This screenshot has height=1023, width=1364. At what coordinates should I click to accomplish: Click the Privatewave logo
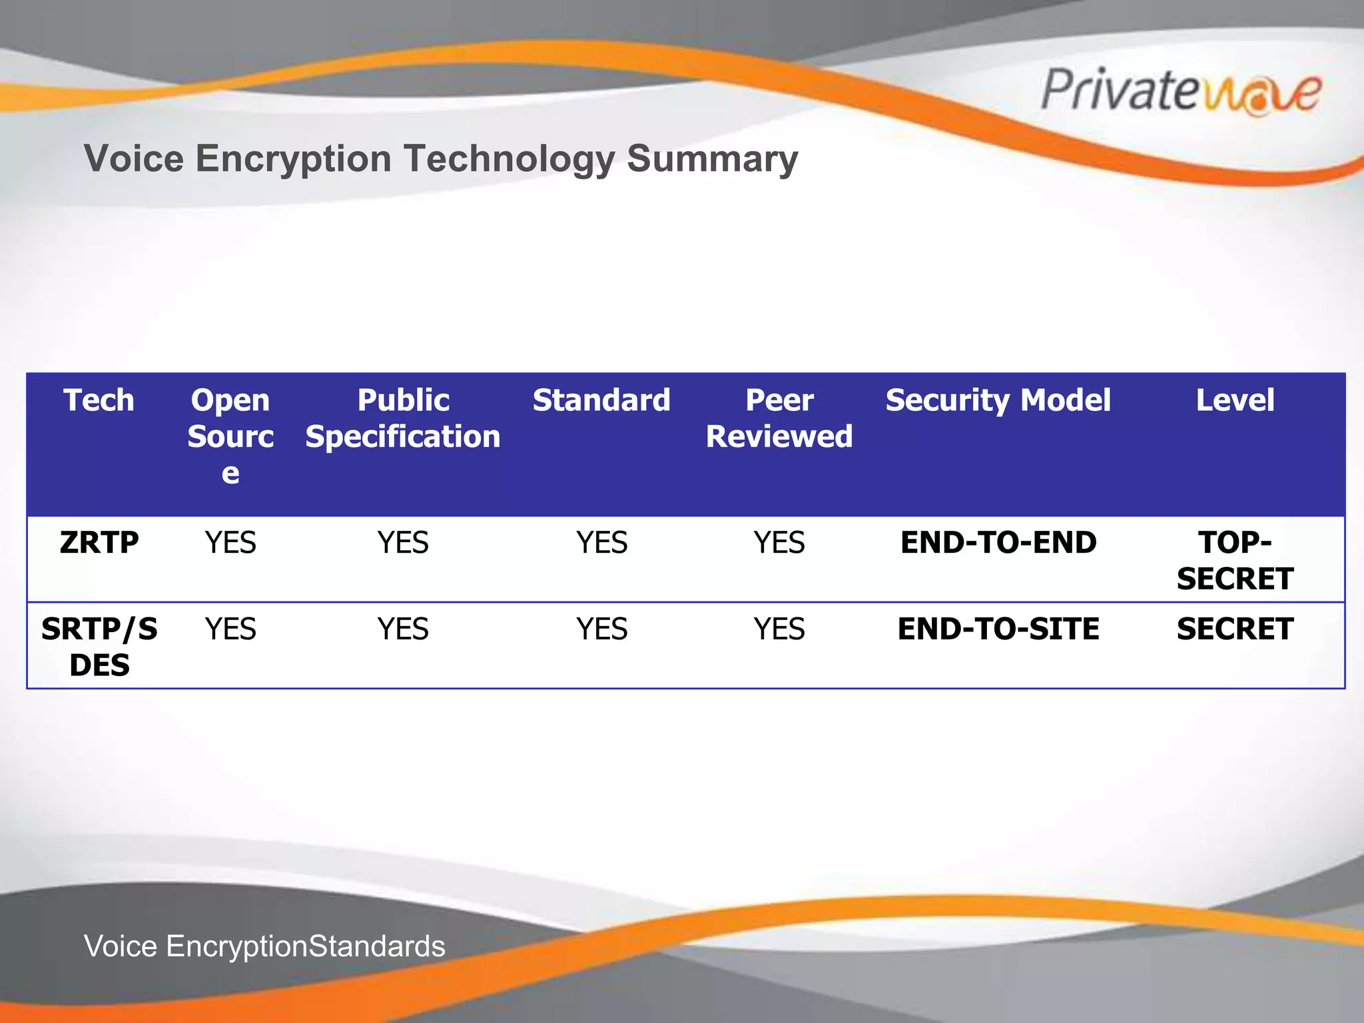pos(1181,91)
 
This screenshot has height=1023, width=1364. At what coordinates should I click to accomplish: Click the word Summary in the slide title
pos(712,159)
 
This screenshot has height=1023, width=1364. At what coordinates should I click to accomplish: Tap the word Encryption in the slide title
pos(292,159)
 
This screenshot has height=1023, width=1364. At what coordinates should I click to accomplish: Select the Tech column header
pos(99,400)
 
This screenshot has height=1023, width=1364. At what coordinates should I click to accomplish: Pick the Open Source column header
pos(230,436)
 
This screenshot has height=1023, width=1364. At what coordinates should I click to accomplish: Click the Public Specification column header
pos(403,418)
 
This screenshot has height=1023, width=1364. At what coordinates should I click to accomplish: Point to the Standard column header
pos(601,400)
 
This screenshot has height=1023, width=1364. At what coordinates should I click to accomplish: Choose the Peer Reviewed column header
pos(779,418)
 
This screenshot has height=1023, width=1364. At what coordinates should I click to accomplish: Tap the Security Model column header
pos(998,400)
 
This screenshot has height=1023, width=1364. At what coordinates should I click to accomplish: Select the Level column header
pos(1235,400)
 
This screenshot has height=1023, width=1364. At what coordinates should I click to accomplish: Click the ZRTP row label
pos(99,542)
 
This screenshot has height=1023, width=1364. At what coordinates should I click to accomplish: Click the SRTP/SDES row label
pos(99,646)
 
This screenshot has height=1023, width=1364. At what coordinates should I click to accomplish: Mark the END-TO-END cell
pos(998,542)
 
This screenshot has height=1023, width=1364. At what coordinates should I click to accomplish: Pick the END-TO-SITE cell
pos(998,629)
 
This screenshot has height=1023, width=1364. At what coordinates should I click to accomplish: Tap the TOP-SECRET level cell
pos(1235,560)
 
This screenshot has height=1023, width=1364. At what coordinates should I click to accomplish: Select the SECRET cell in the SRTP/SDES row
pos(1235,629)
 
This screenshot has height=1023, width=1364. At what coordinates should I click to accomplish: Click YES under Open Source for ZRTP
pos(230,542)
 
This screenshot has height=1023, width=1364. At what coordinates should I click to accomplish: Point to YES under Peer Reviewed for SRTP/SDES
pos(779,629)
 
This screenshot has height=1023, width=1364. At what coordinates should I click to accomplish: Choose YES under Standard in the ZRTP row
pos(601,542)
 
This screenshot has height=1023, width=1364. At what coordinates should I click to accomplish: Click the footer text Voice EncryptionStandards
pos(264,946)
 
